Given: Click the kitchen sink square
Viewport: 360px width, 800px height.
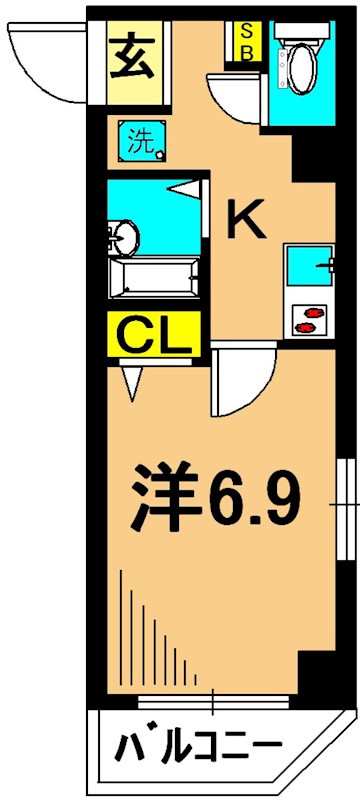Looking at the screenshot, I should click(x=305, y=265).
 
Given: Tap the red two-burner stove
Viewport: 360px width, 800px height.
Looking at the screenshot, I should click(x=309, y=320).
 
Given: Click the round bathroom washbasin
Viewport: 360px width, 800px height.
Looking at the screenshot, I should click(x=124, y=237).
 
